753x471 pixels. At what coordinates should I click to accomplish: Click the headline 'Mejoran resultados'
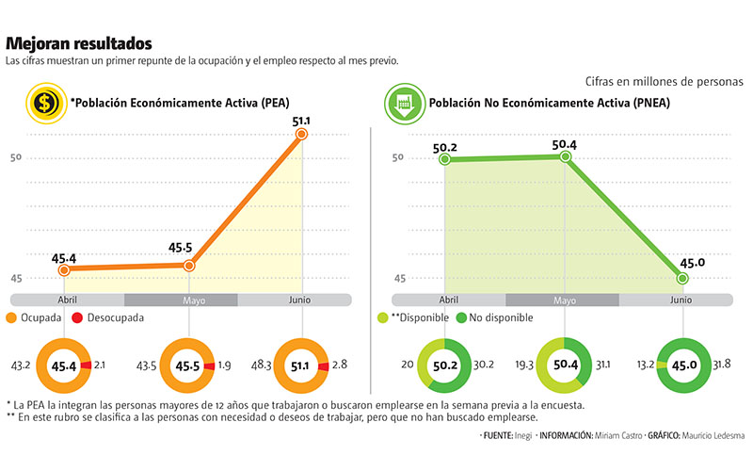click(x=78, y=43)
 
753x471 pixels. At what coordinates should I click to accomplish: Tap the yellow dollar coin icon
click(x=44, y=103)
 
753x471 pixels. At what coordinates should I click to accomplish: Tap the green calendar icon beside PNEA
click(x=402, y=103)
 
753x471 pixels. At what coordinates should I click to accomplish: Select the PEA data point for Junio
click(x=302, y=135)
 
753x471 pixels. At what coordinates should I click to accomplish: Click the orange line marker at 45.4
click(x=64, y=270)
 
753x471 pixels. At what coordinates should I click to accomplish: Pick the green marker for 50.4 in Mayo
click(x=565, y=156)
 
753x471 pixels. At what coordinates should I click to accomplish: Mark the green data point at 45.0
click(x=682, y=278)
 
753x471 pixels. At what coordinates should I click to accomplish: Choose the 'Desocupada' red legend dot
click(x=78, y=318)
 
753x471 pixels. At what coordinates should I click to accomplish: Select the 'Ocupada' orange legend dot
click(x=11, y=318)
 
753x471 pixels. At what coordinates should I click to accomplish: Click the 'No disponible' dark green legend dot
click(x=462, y=318)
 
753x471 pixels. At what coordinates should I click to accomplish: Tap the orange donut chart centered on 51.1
click(x=303, y=365)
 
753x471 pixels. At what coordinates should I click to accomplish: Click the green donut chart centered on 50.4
click(x=564, y=365)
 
